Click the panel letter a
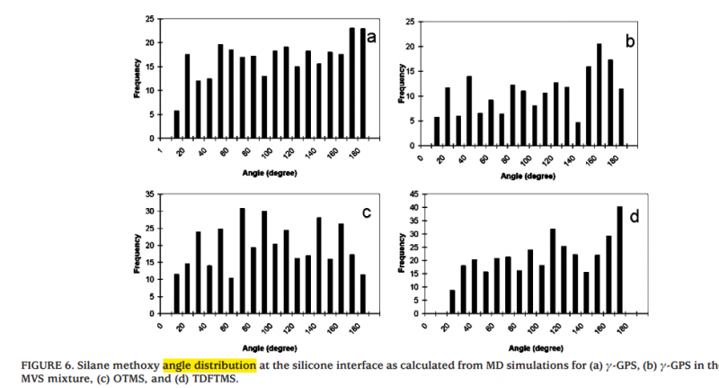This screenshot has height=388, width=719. [x=369, y=37]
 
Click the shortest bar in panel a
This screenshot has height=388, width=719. [x=176, y=124]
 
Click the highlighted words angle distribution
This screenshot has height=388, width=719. [x=209, y=365]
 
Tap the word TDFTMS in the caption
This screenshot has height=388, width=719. [x=219, y=379]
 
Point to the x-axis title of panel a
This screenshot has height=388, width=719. [x=266, y=169]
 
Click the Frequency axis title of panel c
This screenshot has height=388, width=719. [x=138, y=253]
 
